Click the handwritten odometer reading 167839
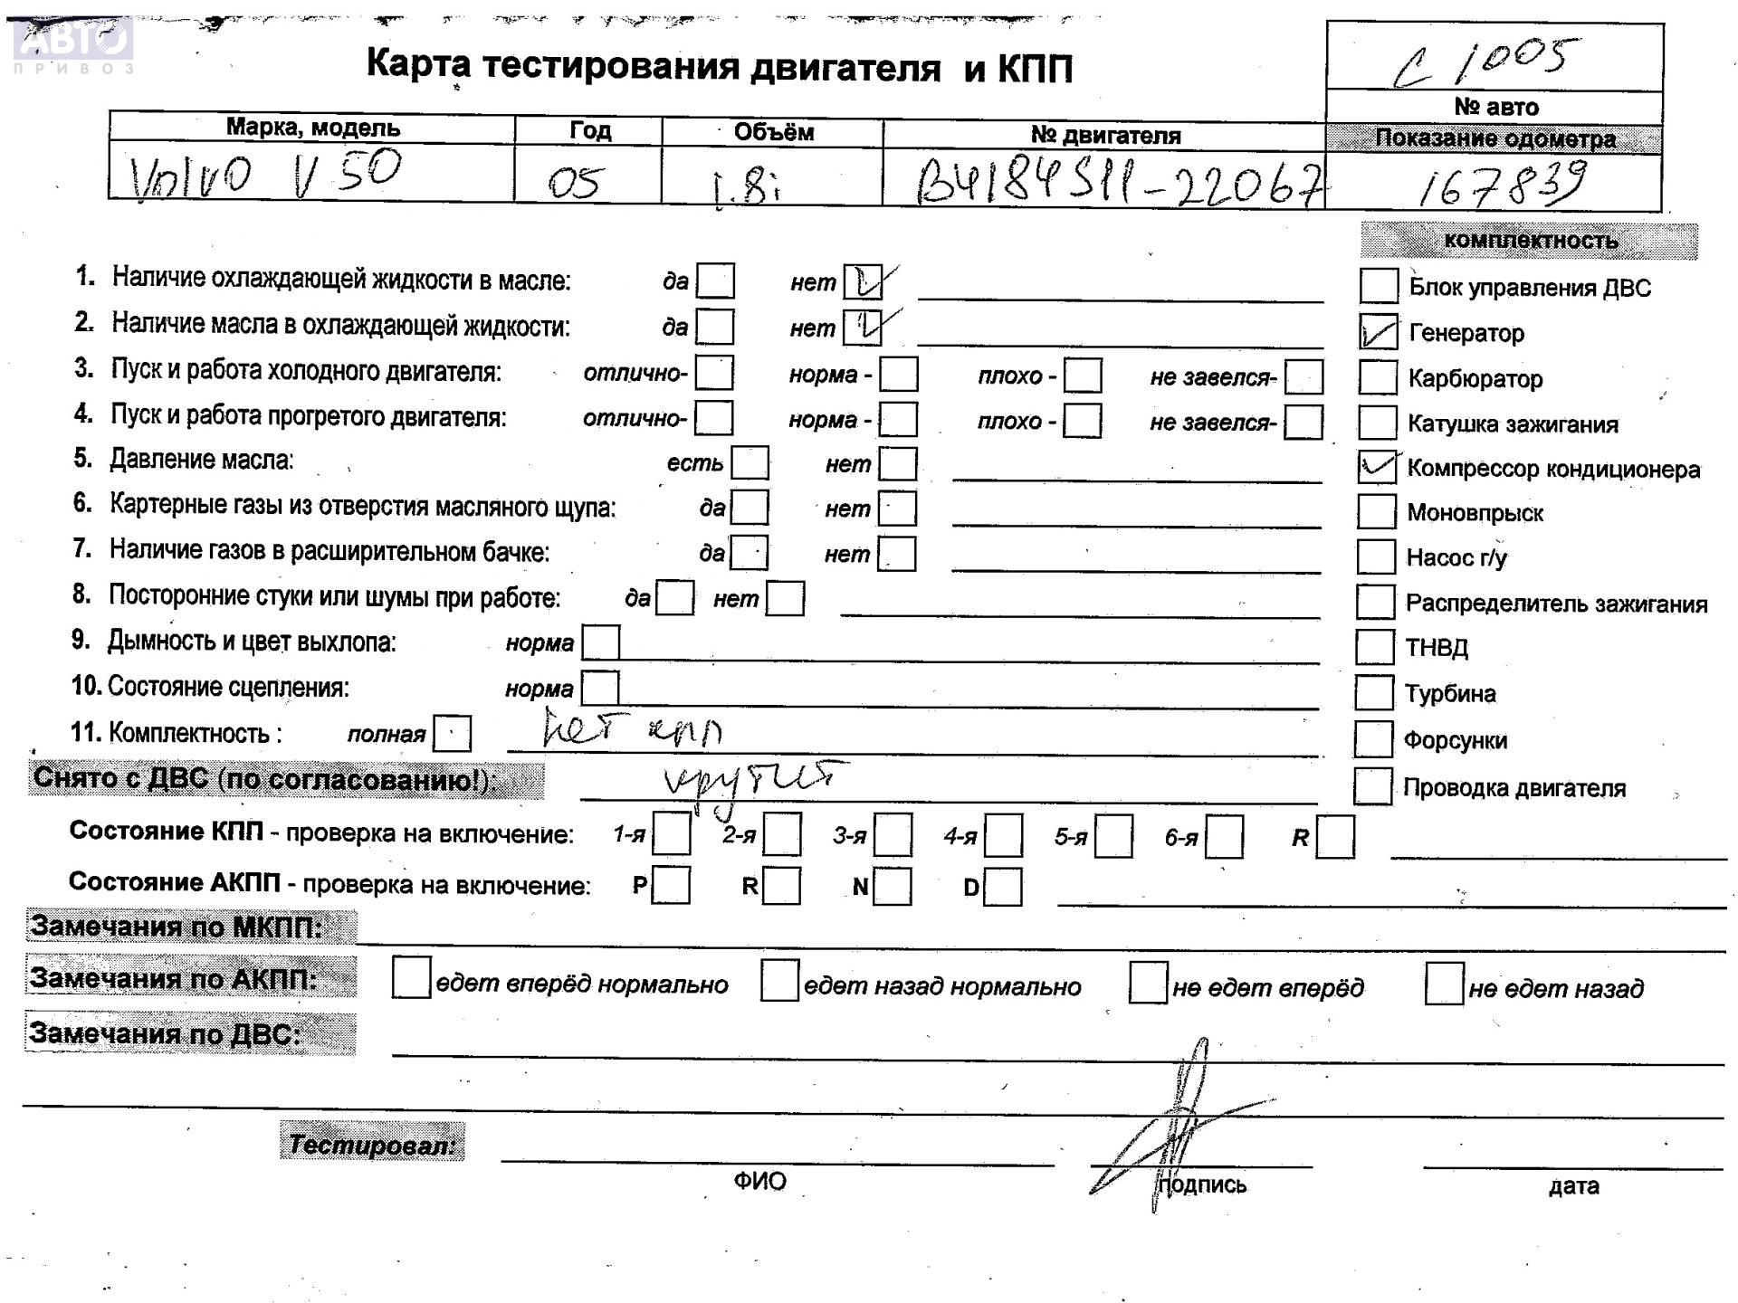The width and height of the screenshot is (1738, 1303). (1501, 184)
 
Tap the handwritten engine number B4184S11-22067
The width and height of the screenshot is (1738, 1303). (1118, 181)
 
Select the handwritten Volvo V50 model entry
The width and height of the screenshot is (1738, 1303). (265, 174)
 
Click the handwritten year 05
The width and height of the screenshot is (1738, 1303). (576, 183)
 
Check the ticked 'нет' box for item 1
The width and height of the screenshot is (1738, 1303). (863, 282)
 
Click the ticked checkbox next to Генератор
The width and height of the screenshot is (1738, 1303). (1378, 333)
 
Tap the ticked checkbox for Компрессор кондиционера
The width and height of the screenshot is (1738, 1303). (1377, 467)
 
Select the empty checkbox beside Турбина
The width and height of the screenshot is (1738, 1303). (1374, 693)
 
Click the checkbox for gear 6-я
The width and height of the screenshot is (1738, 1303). (1224, 836)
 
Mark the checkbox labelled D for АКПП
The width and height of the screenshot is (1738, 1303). (1003, 887)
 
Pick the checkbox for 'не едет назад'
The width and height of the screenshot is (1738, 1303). (1444, 984)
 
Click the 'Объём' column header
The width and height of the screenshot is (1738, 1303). (773, 132)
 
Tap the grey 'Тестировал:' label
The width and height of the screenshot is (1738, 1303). (372, 1144)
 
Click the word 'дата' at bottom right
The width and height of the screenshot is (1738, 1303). (1573, 1185)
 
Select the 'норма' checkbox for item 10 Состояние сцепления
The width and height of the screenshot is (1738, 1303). (600, 688)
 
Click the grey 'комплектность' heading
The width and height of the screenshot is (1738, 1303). (1530, 241)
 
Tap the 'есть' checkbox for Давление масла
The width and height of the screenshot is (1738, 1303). (750, 462)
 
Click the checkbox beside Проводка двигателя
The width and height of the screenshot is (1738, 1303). (1372, 786)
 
